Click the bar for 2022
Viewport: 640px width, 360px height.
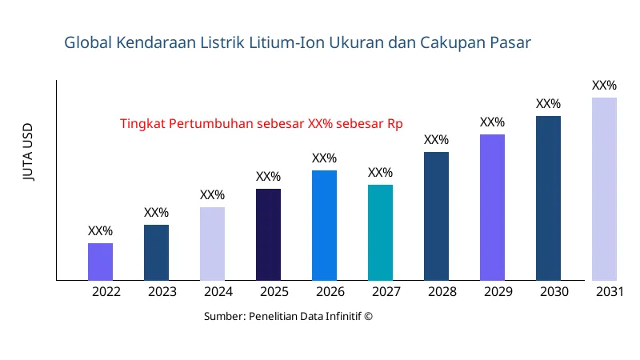[x=100, y=262]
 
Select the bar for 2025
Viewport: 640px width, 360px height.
[x=268, y=234]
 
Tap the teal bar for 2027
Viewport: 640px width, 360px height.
[x=380, y=232]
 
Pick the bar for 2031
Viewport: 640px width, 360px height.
[x=604, y=189]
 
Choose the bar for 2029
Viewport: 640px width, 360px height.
[x=492, y=207]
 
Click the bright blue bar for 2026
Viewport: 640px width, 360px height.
[x=324, y=225]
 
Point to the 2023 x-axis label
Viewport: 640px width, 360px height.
[x=162, y=292]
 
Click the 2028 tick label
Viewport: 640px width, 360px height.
[x=442, y=292]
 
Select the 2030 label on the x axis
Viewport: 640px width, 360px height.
[x=554, y=292]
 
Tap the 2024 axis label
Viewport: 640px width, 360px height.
[x=218, y=292]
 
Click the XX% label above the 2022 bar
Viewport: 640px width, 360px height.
[x=100, y=231]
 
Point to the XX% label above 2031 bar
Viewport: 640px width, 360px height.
[x=604, y=86]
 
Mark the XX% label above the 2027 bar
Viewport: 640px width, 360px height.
[x=380, y=173]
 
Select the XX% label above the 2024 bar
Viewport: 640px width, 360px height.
[x=212, y=195]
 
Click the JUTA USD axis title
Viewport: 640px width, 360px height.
[x=28, y=152]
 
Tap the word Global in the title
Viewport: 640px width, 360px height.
[x=88, y=42]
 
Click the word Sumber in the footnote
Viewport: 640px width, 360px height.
[x=223, y=317]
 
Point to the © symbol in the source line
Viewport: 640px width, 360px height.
[x=369, y=317]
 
